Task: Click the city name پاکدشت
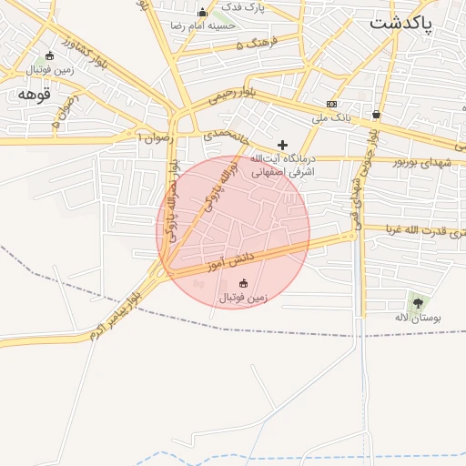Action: tap(402, 25)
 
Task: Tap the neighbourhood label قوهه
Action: tap(33, 95)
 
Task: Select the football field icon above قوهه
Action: tap(49, 56)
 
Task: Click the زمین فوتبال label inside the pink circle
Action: tap(241, 297)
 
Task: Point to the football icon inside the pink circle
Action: tap(242, 282)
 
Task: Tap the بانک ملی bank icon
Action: tap(331, 104)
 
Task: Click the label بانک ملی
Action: tap(331, 117)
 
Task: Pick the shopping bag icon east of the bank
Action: tap(376, 115)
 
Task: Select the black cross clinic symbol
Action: tap(282, 145)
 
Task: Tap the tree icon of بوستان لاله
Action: tap(418, 302)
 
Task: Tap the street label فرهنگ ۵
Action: tap(253, 44)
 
